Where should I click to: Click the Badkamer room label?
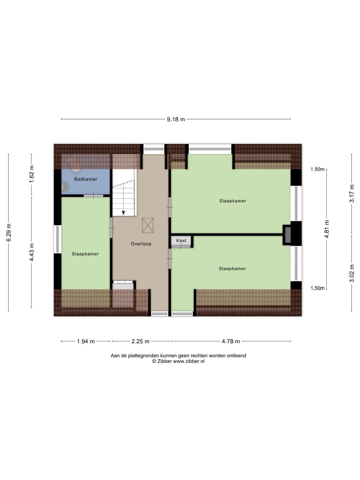(x=85, y=179)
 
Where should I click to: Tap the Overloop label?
(x=141, y=244)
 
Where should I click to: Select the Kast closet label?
(x=181, y=241)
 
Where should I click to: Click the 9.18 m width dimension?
(x=176, y=119)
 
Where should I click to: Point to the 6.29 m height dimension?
(x=9, y=232)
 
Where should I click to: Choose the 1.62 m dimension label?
(x=32, y=174)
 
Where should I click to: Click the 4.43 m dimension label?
(x=32, y=252)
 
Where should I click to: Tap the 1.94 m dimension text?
(x=86, y=341)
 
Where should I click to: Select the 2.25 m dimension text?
(x=140, y=341)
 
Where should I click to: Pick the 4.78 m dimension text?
(x=231, y=341)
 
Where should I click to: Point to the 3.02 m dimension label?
(x=352, y=273)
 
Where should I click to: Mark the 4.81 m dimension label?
(x=327, y=229)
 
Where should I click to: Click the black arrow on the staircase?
(x=124, y=213)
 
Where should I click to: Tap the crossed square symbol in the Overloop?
(x=148, y=226)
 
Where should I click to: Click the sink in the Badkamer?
(x=65, y=187)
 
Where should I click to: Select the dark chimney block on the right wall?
(x=288, y=235)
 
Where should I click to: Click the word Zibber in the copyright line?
(x=164, y=361)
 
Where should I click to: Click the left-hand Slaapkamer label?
(x=85, y=254)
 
